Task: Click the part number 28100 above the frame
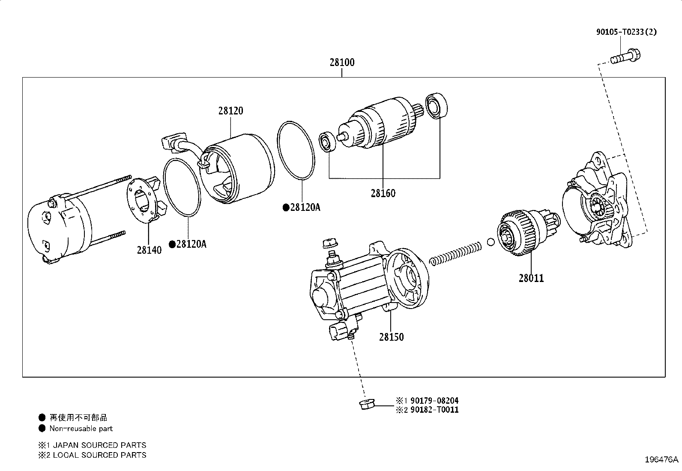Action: click(x=342, y=63)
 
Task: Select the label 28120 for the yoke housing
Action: click(x=230, y=111)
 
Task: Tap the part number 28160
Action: click(x=383, y=193)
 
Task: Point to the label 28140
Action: click(x=149, y=250)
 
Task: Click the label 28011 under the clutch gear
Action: click(x=531, y=278)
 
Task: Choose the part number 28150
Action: click(x=391, y=337)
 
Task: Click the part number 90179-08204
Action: click(x=434, y=401)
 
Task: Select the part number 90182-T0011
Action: click(x=434, y=410)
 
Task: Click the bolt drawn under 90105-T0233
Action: click(x=625, y=56)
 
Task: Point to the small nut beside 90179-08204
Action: click(x=366, y=404)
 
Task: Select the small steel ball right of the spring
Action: click(x=491, y=242)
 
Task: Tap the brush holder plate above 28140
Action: click(x=144, y=200)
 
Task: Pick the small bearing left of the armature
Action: click(x=328, y=141)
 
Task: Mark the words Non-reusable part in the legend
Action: click(x=81, y=429)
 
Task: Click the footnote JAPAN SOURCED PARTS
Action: click(x=99, y=445)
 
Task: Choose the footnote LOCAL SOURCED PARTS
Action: click(x=99, y=455)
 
